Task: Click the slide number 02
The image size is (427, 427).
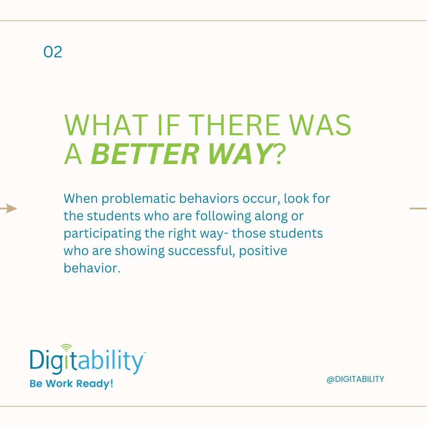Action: point(53,52)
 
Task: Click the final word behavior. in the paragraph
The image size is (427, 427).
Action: point(91,268)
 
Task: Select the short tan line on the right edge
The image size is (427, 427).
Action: point(418,208)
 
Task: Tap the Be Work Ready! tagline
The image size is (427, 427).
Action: point(71,384)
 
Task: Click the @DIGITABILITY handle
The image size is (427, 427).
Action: point(355,379)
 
